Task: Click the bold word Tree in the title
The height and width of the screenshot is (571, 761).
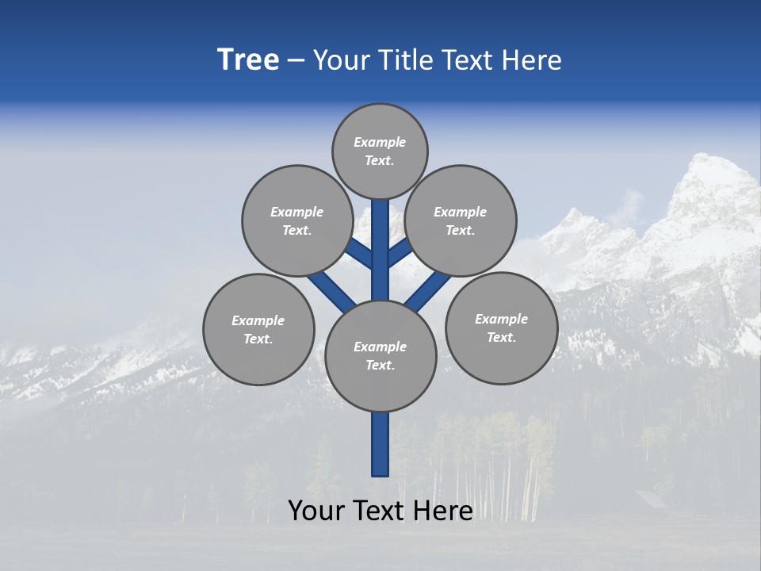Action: [248, 60]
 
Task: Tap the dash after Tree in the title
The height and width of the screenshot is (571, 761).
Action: [296, 61]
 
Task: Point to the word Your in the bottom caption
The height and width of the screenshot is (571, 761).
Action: [315, 511]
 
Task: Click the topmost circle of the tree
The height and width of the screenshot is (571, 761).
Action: [380, 151]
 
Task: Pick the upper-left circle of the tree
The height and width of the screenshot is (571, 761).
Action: [296, 220]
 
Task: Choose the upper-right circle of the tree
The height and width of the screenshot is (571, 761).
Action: [461, 220]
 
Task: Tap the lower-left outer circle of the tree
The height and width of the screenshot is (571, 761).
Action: [258, 329]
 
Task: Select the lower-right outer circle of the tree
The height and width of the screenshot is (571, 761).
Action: [501, 328]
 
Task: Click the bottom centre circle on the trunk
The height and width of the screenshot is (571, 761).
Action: [380, 356]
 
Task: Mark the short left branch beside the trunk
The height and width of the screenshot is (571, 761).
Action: [361, 254]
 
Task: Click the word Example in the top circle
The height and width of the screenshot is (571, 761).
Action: [380, 142]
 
